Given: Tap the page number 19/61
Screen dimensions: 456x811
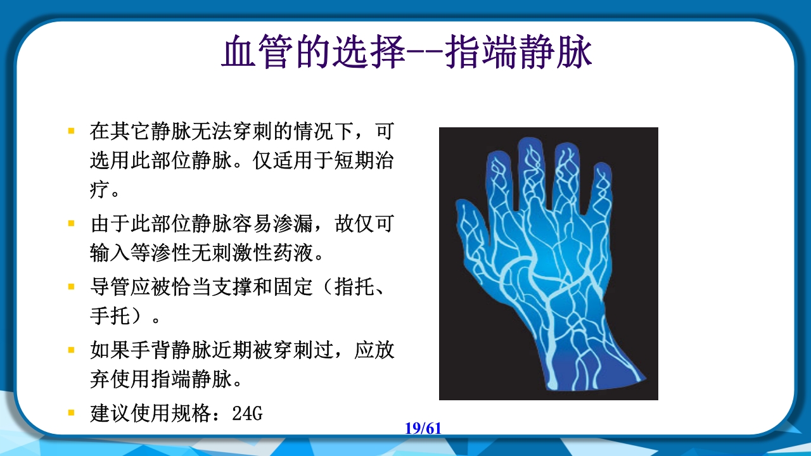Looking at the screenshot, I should point(423,428).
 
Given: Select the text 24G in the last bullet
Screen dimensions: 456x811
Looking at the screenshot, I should point(247,414).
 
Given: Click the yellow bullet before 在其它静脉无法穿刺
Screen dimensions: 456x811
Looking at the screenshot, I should point(72,131).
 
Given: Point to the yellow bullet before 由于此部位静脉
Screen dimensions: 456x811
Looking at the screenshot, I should point(72,224).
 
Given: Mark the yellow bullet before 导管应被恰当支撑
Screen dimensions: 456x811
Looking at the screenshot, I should point(72,286).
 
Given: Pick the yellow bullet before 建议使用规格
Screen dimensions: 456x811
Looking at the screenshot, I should point(72,414).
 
